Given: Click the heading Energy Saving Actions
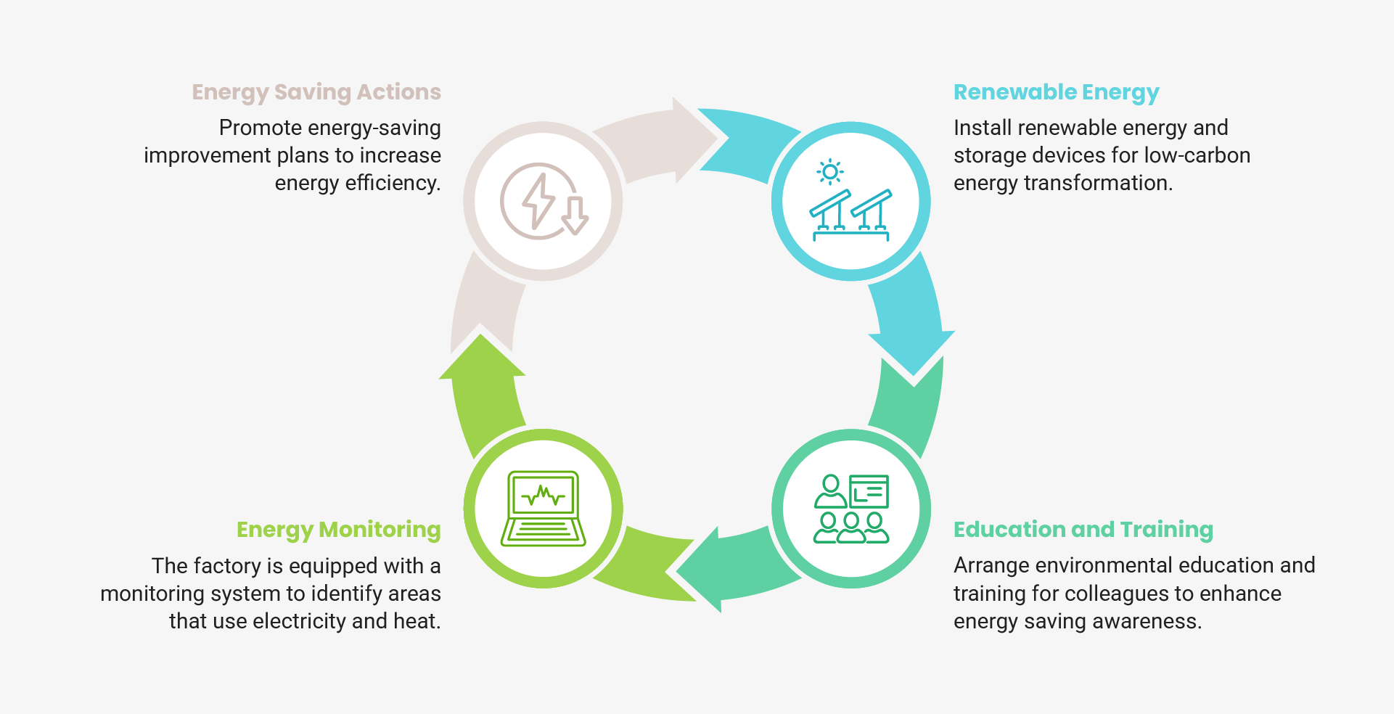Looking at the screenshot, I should [x=316, y=92].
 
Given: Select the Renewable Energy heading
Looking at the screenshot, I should [x=1056, y=92].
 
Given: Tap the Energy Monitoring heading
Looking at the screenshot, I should [x=338, y=530].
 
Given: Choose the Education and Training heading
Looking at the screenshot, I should [x=1083, y=530].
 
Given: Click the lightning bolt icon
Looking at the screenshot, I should [x=538, y=200].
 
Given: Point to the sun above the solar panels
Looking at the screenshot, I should [x=830, y=172].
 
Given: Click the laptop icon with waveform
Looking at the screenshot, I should [x=543, y=509].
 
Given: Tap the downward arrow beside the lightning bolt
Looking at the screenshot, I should [x=575, y=216].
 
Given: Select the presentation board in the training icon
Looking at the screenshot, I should [x=869, y=492].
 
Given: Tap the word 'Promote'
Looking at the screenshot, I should [x=261, y=128].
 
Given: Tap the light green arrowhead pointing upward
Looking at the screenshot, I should [x=481, y=359].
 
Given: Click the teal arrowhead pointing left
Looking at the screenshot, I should [x=701, y=570].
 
